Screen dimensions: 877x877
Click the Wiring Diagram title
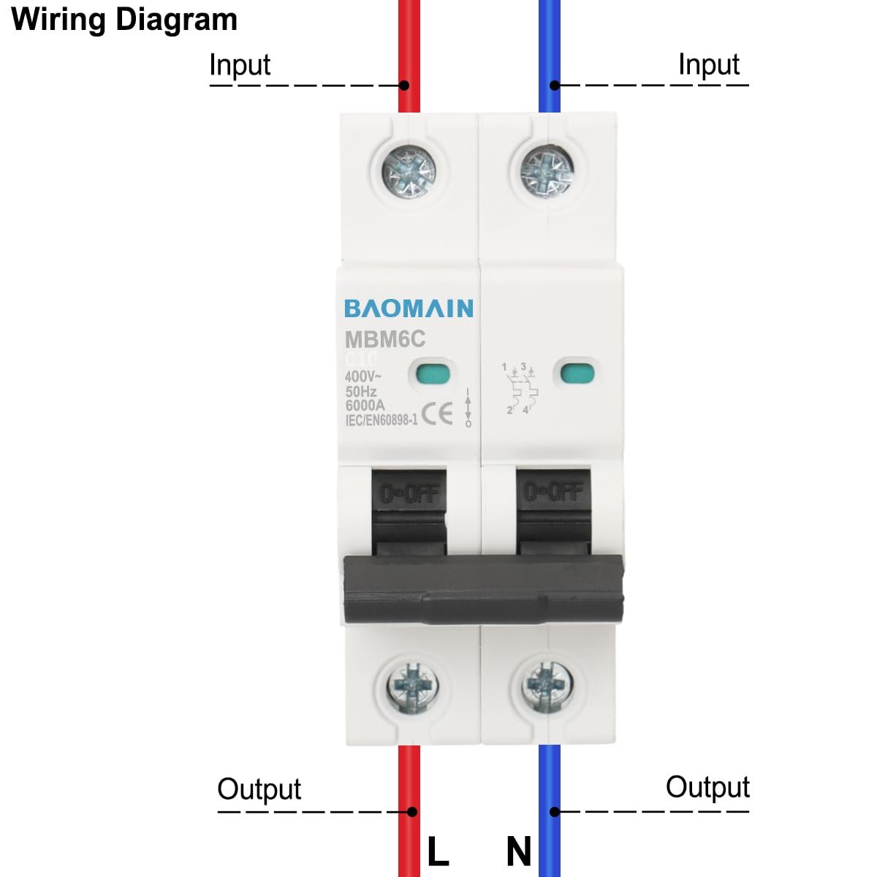[125, 20]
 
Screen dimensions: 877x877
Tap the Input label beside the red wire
[240, 65]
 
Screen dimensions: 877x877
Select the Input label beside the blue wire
[709, 64]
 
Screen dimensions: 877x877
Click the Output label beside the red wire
[259, 789]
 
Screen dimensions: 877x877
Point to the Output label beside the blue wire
[707, 787]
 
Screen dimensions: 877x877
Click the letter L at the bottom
[438, 851]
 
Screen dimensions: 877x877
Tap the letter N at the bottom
[519, 851]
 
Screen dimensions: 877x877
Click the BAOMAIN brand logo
[409, 308]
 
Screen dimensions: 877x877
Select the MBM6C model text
[384, 340]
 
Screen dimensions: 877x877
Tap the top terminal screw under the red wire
[409, 173]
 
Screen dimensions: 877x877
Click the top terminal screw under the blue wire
[547, 172]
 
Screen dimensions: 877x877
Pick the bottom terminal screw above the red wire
[409, 686]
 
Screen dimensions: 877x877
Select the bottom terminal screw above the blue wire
[547, 686]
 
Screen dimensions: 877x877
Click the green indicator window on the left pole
[431, 373]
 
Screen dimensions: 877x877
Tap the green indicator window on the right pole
[577, 373]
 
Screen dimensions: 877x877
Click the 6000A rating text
[365, 406]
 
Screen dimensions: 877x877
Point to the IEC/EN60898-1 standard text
[381, 420]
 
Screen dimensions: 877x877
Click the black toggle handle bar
[483, 589]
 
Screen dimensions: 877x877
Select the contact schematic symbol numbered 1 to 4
[520, 389]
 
